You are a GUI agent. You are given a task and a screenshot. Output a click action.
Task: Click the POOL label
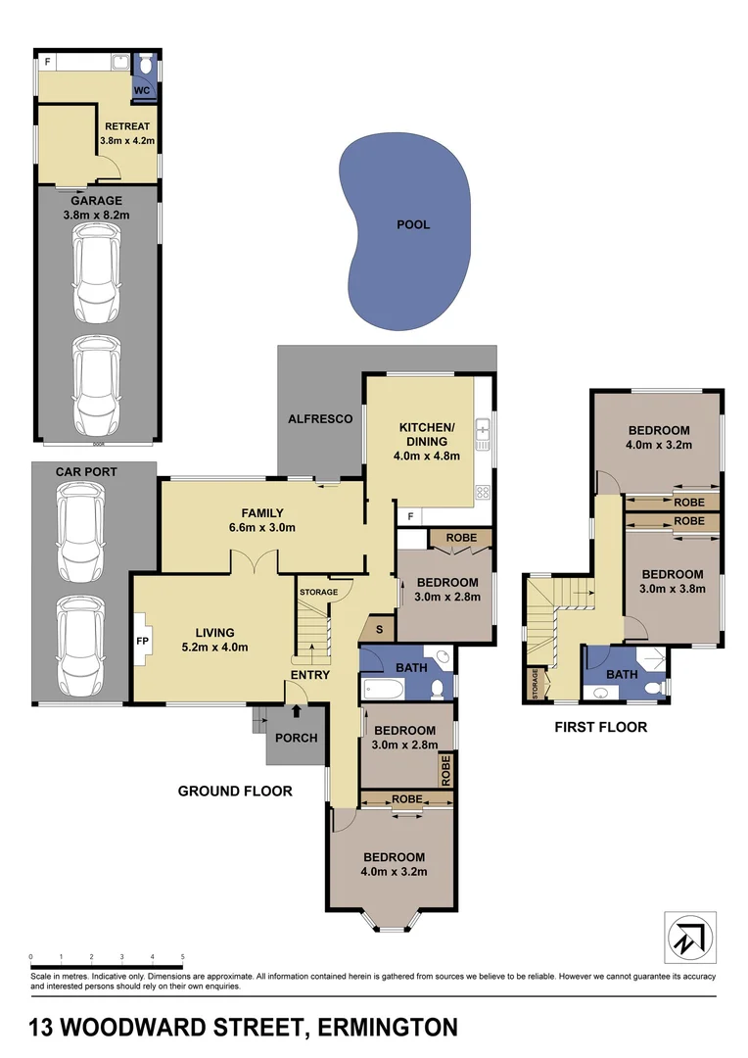pos(413,224)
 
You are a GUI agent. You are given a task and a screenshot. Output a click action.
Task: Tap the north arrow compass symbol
pos(690,938)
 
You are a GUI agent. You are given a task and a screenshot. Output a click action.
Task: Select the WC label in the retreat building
pos(143,89)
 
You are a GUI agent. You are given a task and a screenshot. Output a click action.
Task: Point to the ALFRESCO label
pos(319,418)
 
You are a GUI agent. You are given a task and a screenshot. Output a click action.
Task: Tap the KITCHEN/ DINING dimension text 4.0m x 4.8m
pos(427,456)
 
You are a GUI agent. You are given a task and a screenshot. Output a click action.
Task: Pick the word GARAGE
pos(96,201)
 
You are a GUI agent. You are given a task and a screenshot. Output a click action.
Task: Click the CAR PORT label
pos(86,472)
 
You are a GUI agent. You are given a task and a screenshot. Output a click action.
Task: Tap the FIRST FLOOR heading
pos(600,728)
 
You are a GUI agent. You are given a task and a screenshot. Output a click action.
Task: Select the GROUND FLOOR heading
pos(235,791)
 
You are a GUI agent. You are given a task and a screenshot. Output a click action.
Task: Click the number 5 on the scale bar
pos(182,956)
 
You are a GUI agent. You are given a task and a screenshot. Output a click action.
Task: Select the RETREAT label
pos(126,126)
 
